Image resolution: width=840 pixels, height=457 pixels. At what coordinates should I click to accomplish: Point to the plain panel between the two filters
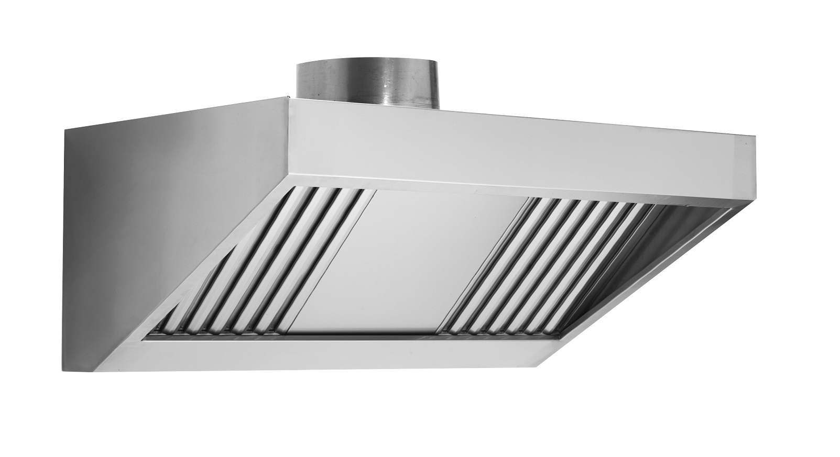tap(403, 262)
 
